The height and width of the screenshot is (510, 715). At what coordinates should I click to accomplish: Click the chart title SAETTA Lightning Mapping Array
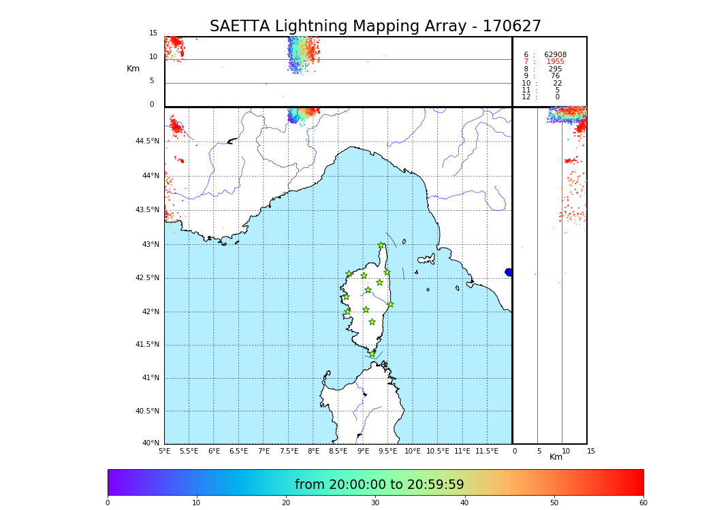click(375, 27)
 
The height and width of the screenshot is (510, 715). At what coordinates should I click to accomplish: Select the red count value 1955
click(555, 62)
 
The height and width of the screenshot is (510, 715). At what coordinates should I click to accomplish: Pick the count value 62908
click(555, 55)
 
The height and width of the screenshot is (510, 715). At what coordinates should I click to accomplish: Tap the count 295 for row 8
click(555, 69)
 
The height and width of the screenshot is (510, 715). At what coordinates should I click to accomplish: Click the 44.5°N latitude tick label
click(147, 141)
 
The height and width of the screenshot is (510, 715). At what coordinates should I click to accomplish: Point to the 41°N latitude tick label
click(148, 378)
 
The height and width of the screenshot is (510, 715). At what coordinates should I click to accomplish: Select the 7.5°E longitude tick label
click(289, 452)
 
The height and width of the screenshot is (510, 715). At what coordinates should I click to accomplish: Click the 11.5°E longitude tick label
click(487, 452)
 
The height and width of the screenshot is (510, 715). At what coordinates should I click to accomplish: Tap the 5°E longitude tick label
click(164, 452)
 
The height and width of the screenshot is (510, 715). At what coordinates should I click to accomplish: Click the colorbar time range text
click(379, 485)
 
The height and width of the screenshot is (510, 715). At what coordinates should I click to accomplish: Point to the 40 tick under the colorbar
click(464, 503)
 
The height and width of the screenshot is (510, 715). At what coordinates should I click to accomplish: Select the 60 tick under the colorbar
click(643, 503)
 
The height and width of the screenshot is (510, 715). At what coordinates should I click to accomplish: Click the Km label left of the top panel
click(133, 69)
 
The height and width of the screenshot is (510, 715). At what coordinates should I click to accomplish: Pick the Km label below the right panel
click(556, 457)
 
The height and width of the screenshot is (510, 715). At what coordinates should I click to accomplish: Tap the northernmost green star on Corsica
click(381, 245)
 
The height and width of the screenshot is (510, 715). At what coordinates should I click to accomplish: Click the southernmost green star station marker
click(372, 354)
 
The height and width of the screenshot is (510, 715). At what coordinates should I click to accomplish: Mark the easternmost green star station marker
click(390, 304)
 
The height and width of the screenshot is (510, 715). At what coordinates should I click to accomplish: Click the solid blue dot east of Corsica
click(509, 272)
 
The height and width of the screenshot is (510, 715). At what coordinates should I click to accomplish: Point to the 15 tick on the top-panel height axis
click(153, 33)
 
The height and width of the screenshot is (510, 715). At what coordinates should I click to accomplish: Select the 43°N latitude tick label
click(150, 245)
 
